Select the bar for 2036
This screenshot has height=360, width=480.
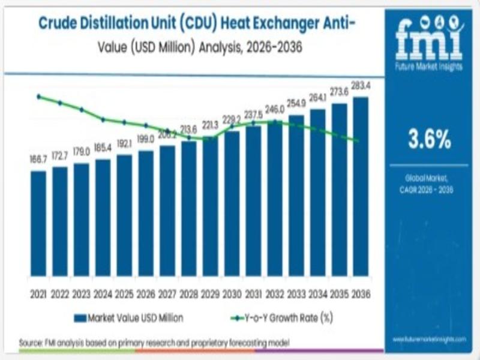click(361, 187)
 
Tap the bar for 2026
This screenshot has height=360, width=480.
click(146, 213)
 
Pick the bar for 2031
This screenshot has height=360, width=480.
click(253, 200)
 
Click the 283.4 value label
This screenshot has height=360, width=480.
click(361, 86)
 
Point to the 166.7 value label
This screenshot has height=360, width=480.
click(38, 160)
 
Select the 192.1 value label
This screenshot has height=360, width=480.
click(124, 144)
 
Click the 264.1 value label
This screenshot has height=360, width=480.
click(317, 98)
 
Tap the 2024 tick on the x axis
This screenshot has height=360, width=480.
click(103, 294)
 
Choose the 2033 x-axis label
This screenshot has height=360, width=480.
click(296, 294)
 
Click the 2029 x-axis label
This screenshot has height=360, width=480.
click(210, 294)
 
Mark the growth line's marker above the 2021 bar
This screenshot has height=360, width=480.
click(38, 97)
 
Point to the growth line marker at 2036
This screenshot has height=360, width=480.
click(358, 140)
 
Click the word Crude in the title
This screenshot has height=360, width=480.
click(59, 23)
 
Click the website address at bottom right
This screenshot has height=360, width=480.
click(429, 340)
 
